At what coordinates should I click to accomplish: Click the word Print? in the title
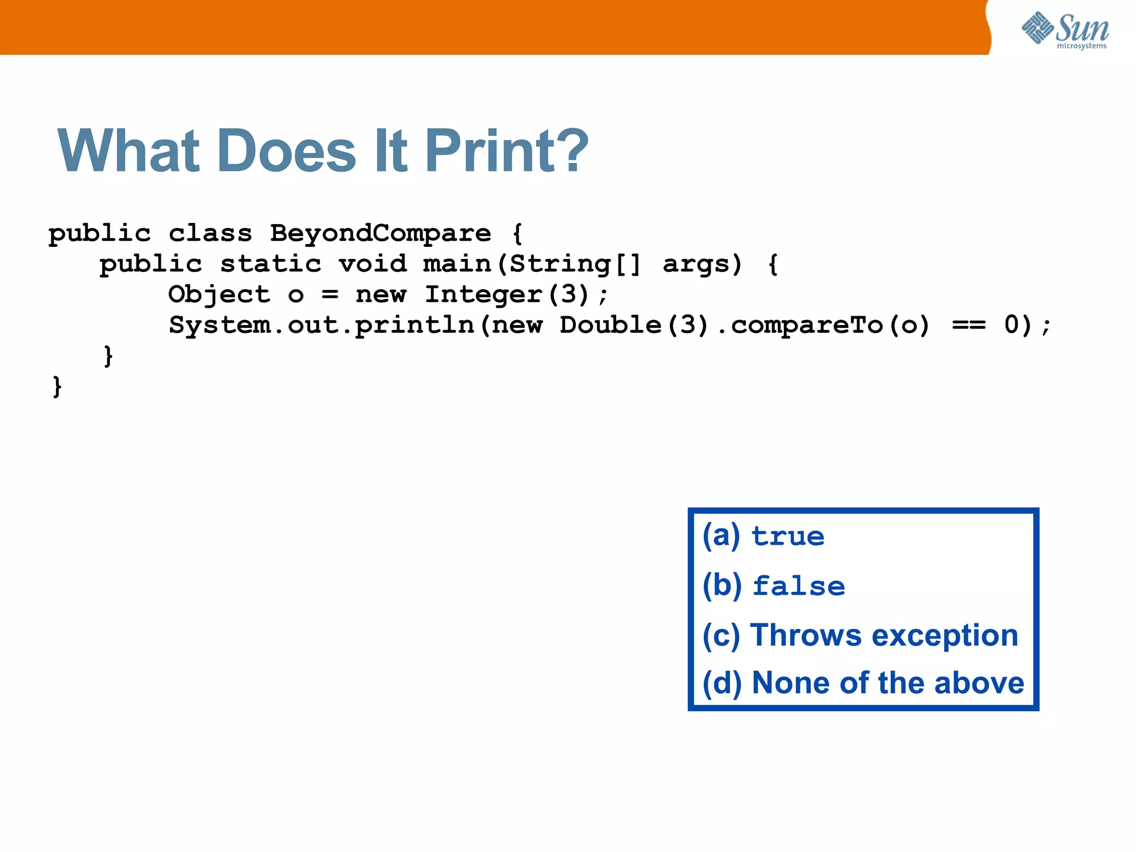click(x=506, y=151)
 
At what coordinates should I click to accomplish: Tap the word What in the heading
click(x=128, y=151)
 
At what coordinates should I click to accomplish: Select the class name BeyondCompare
click(x=381, y=233)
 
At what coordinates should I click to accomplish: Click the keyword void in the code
click(x=373, y=263)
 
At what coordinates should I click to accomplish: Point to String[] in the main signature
click(x=575, y=263)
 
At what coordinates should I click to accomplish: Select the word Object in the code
click(x=219, y=294)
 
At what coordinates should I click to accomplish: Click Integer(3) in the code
click(x=506, y=294)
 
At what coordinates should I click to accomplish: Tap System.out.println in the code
click(x=322, y=325)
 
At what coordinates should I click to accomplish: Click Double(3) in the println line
click(x=634, y=325)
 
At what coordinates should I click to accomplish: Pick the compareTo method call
click(x=807, y=325)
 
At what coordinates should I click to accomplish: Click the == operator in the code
click(x=968, y=325)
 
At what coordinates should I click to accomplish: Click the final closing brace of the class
click(x=57, y=386)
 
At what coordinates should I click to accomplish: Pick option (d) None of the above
click(x=863, y=683)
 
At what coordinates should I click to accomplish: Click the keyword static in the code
click(x=271, y=263)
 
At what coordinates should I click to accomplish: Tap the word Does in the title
click(x=287, y=151)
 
